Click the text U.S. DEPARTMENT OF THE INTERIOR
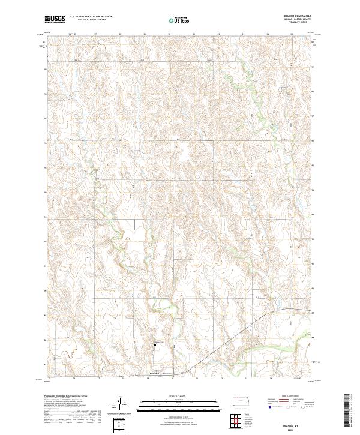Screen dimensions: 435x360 click(91, 17)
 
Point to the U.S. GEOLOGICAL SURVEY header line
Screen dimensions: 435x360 click(88, 20)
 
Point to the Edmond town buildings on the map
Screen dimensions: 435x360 click(156, 373)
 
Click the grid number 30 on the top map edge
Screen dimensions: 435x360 click(170, 34)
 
